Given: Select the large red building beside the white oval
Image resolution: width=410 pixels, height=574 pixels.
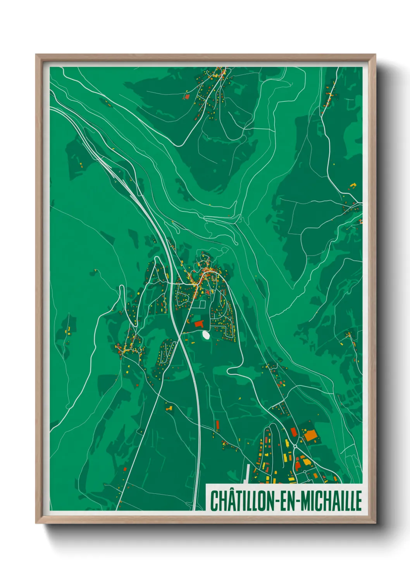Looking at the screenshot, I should point(199,323).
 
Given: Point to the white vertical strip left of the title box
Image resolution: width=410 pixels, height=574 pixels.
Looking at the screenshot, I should point(247,474).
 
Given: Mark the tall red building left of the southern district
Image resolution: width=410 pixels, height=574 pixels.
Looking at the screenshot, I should point(217,425).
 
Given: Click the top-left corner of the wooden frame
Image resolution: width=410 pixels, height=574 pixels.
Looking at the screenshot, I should point(36,55).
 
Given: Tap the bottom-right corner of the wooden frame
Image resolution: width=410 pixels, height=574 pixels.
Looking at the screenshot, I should point(375,523).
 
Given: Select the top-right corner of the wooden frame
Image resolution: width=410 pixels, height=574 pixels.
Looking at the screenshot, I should point(375,55).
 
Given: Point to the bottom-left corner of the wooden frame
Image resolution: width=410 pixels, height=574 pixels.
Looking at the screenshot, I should point(36,523).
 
